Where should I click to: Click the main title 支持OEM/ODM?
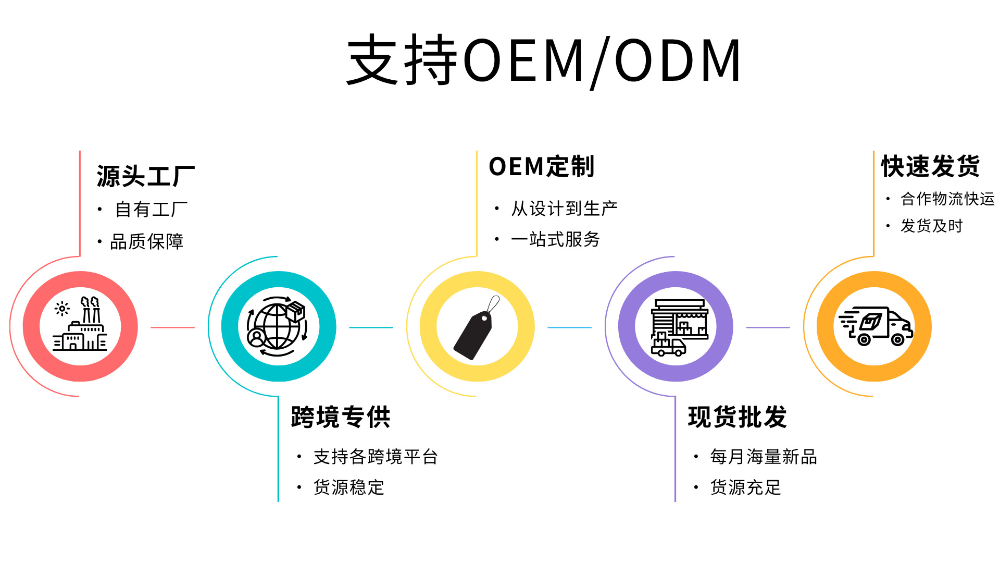click(x=544, y=60)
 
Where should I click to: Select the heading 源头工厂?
click(x=146, y=176)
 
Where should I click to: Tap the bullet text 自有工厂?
click(x=151, y=210)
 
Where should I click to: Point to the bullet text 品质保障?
click(x=147, y=241)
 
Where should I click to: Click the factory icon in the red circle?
click(x=80, y=325)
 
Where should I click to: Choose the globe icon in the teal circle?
click(x=278, y=326)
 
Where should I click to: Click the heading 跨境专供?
click(x=341, y=417)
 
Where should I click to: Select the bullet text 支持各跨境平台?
click(x=376, y=457)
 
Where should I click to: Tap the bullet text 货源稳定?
click(x=349, y=487)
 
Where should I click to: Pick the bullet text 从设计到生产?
click(x=565, y=209)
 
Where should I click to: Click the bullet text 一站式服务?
click(x=556, y=239)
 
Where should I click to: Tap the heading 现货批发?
click(x=737, y=417)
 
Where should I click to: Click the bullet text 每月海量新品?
click(x=764, y=457)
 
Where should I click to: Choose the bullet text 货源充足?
click(x=746, y=487)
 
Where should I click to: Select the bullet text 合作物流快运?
click(x=947, y=199)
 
